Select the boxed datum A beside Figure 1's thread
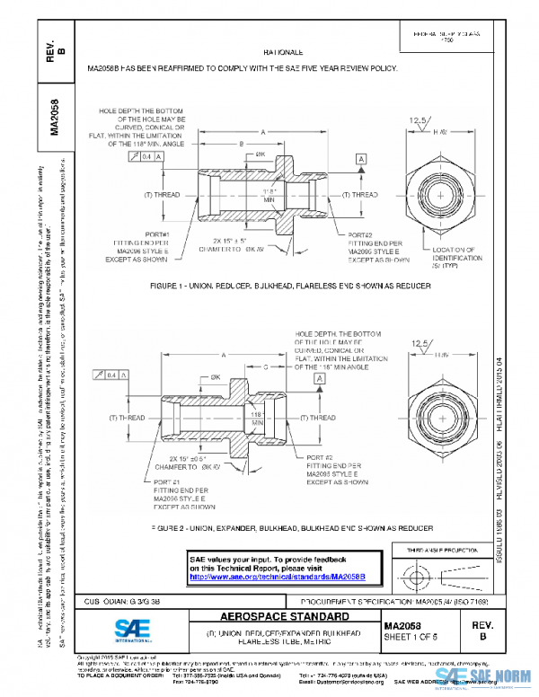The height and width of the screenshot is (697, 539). point(361,159)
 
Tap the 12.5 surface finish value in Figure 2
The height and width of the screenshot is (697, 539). point(420,343)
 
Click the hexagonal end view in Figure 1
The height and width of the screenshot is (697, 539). point(441,195)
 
